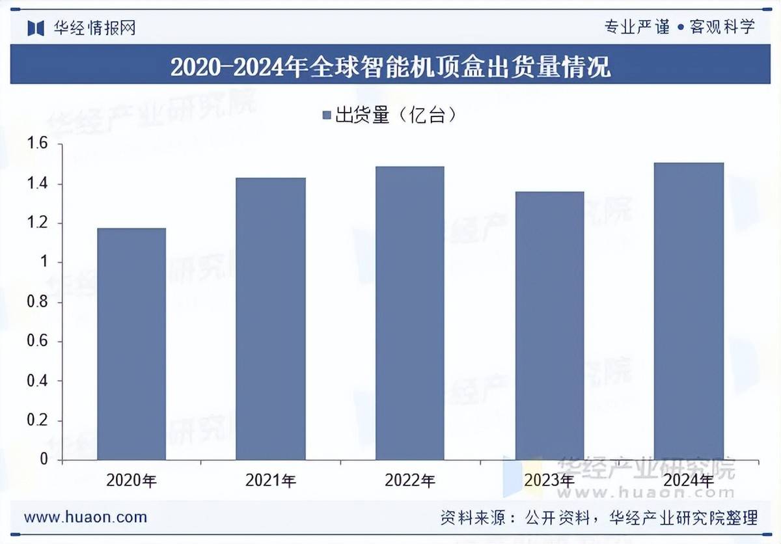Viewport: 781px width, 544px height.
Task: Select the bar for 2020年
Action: (x=131, y=344)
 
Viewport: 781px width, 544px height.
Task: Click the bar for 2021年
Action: (x=271, y=319)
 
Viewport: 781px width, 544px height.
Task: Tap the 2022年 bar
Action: (x=410, y=313)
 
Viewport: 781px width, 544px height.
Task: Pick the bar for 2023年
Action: (x=549, y=325)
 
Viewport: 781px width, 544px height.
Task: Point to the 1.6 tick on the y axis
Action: (x=37, y=144)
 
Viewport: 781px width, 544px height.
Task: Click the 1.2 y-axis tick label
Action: (x=37, y=223)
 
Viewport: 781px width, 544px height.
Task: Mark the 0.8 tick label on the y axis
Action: (x=37, y=303)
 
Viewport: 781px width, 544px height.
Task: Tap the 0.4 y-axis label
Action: (x=37, y=381)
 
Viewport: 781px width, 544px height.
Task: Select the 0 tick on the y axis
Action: (x=44, y=460)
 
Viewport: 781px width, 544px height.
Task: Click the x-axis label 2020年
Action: (x=131, y=481)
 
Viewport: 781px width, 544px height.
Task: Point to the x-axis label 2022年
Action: (x=410, y=481)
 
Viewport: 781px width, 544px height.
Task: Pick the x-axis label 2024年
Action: (x=689, y=481)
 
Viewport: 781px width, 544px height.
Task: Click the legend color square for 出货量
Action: (x=327, y=116)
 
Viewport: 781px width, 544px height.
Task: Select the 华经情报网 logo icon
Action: (x=35, y=27)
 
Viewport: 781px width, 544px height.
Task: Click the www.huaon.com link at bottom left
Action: (x=85, y=517)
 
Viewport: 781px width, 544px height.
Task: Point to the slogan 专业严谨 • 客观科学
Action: (x=679, y=27)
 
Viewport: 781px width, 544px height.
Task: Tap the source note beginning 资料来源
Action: (x=599, y=518)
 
